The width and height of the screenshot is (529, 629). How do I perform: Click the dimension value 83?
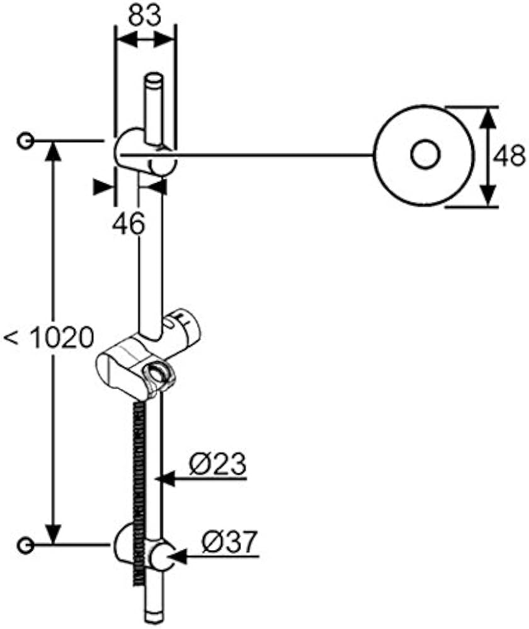click(x=145, y=16)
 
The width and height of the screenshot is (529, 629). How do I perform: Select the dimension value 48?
click(x=509, y=155)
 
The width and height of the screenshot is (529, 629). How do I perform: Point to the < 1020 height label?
click(x=48, y=338)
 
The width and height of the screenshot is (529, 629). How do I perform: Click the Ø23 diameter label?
click(x=217, y=464)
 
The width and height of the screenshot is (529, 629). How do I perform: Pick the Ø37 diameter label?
click(x=229, y=542)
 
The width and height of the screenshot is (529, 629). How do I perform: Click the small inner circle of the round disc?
click(x=425, y=155)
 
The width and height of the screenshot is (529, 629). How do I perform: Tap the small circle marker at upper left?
click(x=25, y=141)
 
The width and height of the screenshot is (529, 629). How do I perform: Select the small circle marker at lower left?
click(x=25, y=545)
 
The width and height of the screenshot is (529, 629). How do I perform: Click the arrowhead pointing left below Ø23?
click(x=166, y=478)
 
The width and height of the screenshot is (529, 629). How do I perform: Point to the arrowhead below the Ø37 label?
click(x=177, y=556)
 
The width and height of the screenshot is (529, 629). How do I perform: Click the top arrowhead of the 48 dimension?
click(x=487, y=118)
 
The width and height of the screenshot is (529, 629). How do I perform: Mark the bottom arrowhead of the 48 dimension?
click(x=487, y=196)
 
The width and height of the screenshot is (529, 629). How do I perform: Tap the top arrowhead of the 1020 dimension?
click(x=54, y=152)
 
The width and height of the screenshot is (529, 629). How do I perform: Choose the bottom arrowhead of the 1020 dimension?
click(x=54, y=534)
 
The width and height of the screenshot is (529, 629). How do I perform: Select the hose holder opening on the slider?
click(x=157, y=373)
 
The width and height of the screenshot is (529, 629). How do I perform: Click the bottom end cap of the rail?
click(x=153, y=618)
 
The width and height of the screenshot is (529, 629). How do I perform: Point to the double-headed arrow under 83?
click(x=145, y=40)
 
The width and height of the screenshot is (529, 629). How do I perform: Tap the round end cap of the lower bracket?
click(x=162, y=557)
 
